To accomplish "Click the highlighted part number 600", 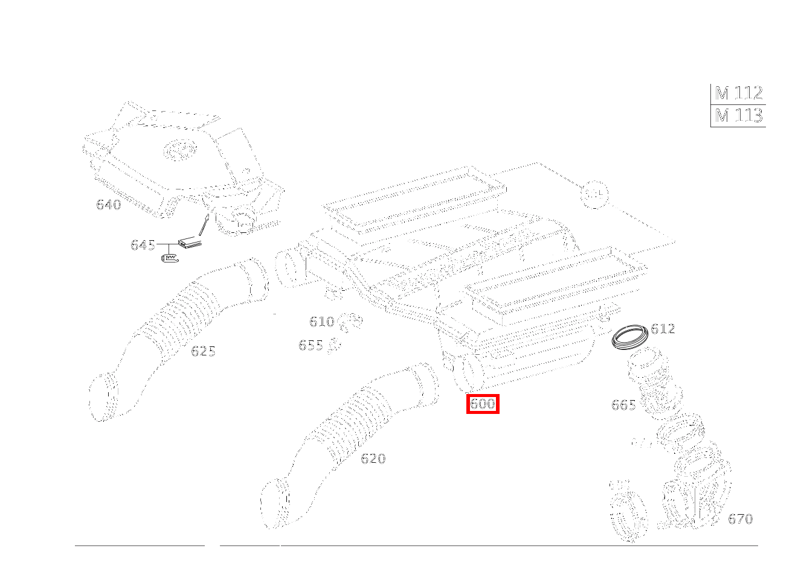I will coord(483,404).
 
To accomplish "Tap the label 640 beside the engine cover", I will coord(109,205).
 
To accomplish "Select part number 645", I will coord(143,245).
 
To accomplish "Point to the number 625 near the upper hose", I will coord(203,351).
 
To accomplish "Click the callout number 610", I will coord(321,322).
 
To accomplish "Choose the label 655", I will coord(310,346).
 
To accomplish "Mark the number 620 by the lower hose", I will coord(373,459).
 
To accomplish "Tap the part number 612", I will coord(663,329).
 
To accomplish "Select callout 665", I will coord(623,405).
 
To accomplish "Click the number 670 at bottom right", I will coord(740,519).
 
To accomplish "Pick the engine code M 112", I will coord(738,94).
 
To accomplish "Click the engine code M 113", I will coord(738,115).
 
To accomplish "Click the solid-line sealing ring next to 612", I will coord(630,336).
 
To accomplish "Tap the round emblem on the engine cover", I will coord(179,149).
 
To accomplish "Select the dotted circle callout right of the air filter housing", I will coord(594,194).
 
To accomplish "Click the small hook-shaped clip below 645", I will coord(170,258).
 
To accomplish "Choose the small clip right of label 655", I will coord(334,346).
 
